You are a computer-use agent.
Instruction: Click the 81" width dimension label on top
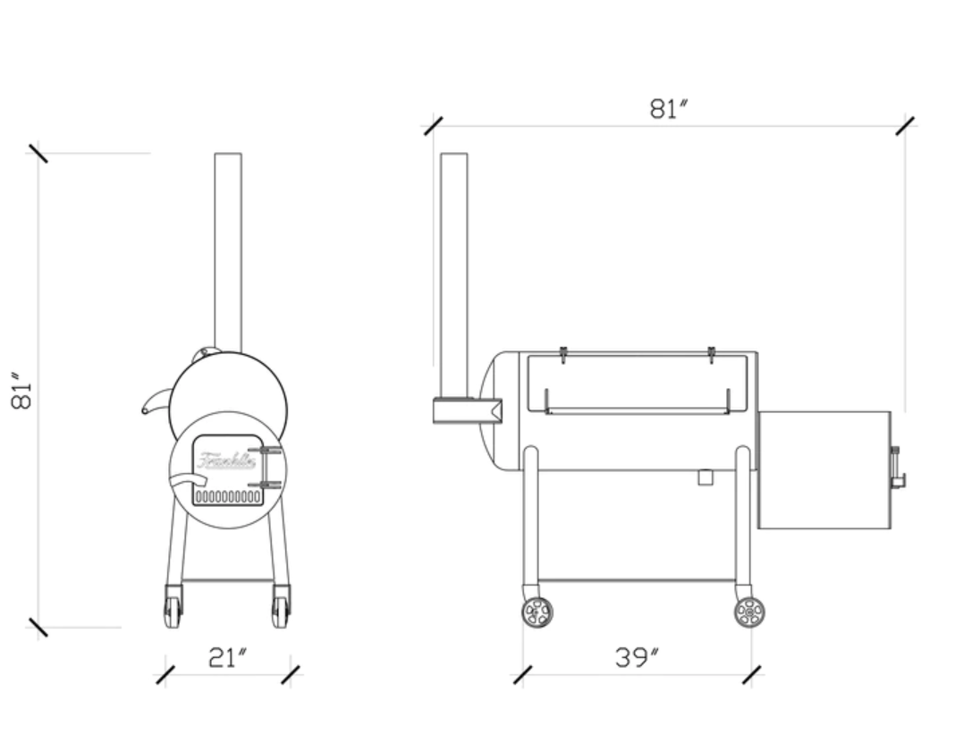(668, 109)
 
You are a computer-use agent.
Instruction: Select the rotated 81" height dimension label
(22, 391)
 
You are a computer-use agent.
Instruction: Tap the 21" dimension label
(227, 659)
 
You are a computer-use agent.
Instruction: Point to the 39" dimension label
(637, 659)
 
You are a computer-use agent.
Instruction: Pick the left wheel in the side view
(537, 612)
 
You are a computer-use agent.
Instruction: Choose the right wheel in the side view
(749, 612)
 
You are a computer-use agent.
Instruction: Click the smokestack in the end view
(228, 250)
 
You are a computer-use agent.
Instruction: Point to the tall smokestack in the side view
(454, 268)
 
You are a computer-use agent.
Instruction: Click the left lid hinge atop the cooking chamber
(563, 354)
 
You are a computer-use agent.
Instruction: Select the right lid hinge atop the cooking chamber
(711, 354)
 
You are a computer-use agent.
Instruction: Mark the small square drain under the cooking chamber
(705, 477)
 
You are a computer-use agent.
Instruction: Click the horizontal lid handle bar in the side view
(637, 411)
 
